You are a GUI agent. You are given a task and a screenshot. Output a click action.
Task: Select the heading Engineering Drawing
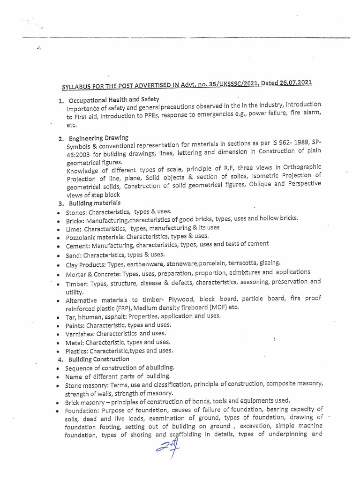click(98, 137)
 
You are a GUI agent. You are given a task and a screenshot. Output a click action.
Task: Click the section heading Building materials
click(94, 203)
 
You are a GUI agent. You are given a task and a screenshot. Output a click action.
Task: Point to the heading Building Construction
click(99, 359)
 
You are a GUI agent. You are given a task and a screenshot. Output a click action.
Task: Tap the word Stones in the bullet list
click(75, 212)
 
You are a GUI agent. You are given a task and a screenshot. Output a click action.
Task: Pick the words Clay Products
click(85, 263)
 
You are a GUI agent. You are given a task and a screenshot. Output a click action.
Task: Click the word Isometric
click(265, 176)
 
